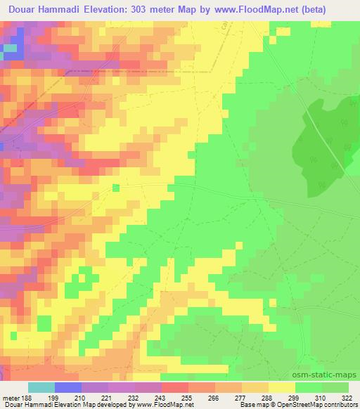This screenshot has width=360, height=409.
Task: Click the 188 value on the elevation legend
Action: click(25, 397)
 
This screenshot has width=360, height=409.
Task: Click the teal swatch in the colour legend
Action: click(41, 387)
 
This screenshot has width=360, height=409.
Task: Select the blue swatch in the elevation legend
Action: click(68, 387)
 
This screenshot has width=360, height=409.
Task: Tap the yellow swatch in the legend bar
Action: click(282, 387)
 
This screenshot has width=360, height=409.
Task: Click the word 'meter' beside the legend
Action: click(8, 397)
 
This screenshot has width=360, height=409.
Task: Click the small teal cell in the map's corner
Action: click(9, 48)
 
